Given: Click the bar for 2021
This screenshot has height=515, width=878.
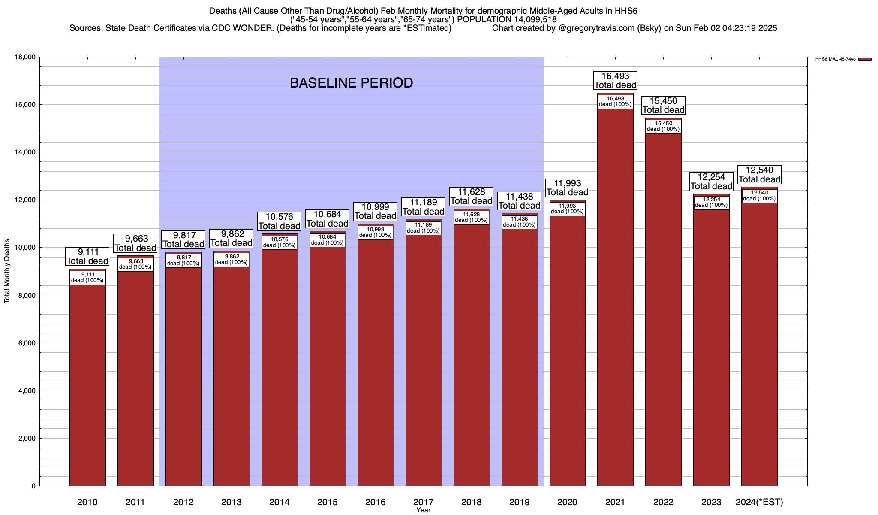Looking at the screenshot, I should click(x=615, y=300).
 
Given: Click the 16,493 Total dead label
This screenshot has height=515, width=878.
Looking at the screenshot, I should click(x=615, y=81).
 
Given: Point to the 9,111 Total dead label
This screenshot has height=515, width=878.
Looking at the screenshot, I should click(x=87, y=257).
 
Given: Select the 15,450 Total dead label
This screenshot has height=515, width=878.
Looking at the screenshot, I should click(x=663, y=106).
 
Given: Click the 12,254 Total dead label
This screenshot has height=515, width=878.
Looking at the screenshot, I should click(x=711, y=182).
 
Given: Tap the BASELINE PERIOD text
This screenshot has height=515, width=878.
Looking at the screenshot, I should click(x=351, y=83).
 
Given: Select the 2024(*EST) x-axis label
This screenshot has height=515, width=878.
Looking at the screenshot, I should click(x=759, y=502).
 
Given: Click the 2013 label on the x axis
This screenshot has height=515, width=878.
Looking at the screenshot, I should click(x=232, y=502).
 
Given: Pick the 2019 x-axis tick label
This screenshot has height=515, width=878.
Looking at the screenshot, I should click(x=519, y=502).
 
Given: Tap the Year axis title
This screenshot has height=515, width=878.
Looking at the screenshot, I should click(x=423, y=510).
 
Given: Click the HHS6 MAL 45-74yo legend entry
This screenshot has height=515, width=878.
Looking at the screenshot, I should click(x=843, y=59).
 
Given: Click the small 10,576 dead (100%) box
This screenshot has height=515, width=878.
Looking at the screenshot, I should click(x=279, y=242).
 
